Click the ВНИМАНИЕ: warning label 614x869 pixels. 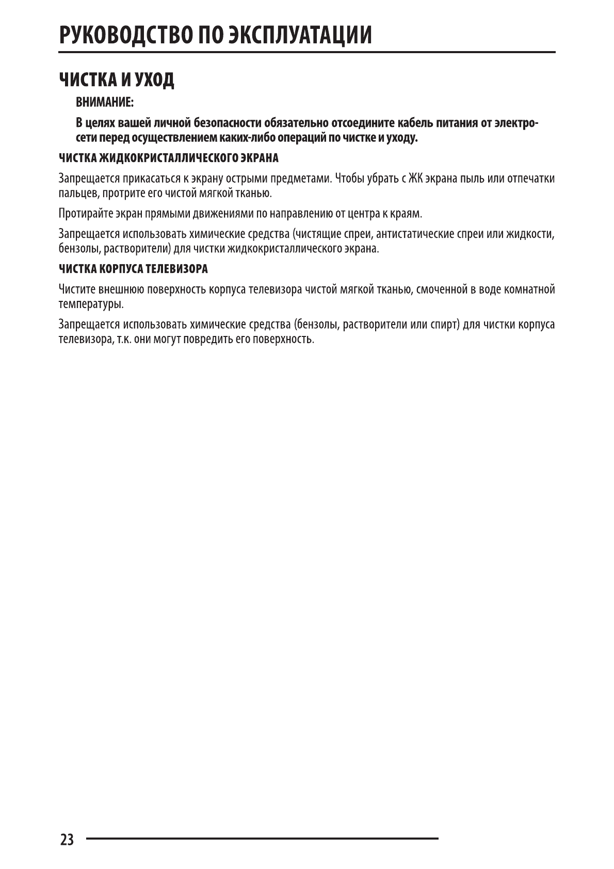point(105,103)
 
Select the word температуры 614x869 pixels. point(91,304)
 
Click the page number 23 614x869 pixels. point(67,840)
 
